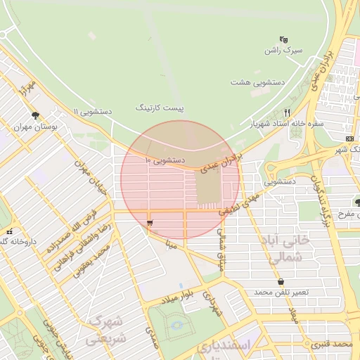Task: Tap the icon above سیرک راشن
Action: tap(283, 39)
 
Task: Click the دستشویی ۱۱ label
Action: tap(93, 112)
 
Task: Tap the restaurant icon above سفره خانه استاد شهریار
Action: tap(287, 112)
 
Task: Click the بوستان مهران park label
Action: tap(34, 128)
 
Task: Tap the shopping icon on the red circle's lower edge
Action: tap(150, 223)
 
